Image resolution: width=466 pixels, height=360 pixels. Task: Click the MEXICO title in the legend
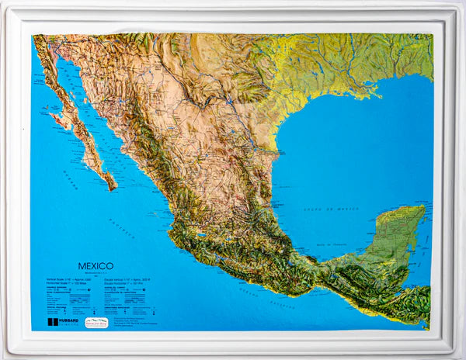coord(96,265)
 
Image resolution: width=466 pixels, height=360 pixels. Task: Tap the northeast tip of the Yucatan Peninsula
coord(424,207)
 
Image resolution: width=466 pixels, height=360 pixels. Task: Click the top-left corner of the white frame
coord(4,4)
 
